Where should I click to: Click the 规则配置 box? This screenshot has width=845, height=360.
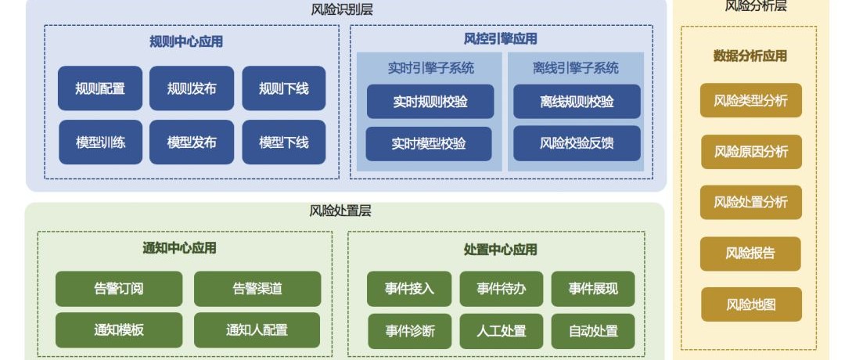pos(100,88)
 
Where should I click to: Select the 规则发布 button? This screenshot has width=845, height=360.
pos(192,88)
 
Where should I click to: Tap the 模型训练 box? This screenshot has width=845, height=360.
pos(100,142)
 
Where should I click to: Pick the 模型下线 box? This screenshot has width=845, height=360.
pos(284,142)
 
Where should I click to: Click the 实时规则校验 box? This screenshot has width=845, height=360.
pos(430,101)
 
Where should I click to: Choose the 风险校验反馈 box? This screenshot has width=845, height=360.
pos(577,143)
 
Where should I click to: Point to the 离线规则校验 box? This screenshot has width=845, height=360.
pos(577,101)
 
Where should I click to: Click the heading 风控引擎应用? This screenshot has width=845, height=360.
pos(501,39)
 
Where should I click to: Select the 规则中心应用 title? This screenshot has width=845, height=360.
pos(186,41)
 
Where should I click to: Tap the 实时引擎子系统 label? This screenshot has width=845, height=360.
pos(431,68)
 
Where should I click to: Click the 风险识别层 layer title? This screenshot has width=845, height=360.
pos(342,9)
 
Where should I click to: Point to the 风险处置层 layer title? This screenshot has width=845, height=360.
pos(340,211)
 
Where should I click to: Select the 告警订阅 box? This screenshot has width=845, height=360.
pos(119,289)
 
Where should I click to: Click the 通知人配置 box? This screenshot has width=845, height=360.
pos(257,329)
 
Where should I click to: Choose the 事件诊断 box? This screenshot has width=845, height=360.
pos(409,331)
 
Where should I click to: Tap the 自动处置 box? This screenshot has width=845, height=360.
pos(593,331)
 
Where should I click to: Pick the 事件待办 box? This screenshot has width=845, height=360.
pos(502,289)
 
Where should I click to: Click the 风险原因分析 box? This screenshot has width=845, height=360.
pos(751,152)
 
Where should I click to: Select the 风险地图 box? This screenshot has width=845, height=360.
pos(751,304)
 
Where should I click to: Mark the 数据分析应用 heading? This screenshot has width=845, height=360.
pos(750,56)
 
